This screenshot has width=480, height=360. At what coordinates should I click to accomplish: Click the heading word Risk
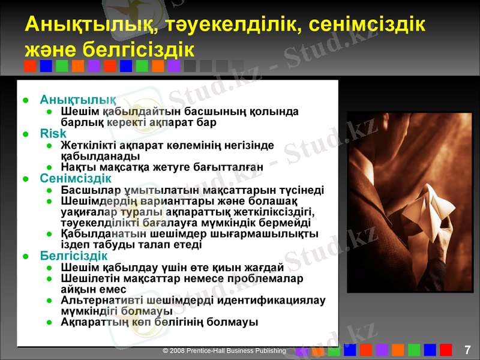[53, 134]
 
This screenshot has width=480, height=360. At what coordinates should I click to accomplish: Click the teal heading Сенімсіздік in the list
[76, 178]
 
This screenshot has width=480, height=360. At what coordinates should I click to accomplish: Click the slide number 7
[467, 350]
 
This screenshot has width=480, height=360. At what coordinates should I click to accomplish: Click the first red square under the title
[30, 66]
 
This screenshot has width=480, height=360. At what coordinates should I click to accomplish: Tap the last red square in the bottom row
[445, 350]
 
